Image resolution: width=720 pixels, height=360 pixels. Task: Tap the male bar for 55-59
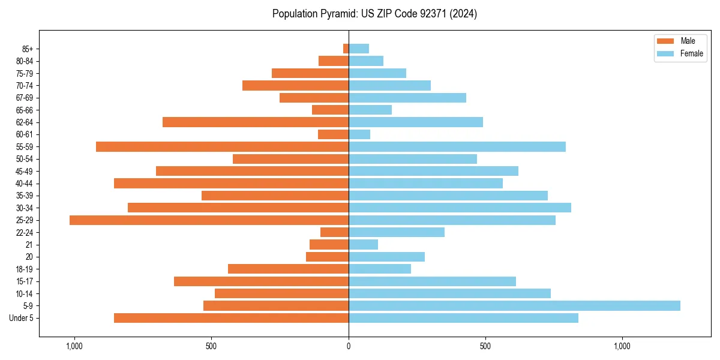[x=222, y=146]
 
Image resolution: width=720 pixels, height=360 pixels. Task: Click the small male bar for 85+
[x=346, y=49]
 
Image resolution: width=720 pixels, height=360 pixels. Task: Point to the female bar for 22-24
[x=397, y=232]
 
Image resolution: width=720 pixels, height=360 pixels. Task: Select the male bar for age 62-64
[x=256, y=122]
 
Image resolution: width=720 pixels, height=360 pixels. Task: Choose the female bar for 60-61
[x=359, y=134]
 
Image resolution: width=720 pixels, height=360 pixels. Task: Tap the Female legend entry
[x=683, y=53]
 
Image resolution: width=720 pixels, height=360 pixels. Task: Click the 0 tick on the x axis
[x=349, y=346]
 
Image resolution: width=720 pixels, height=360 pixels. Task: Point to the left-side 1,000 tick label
[x=74, y=346]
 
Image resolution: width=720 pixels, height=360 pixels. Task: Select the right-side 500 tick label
[x=485, y=346]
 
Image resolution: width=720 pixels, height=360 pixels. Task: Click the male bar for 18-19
[x=288, y=269]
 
